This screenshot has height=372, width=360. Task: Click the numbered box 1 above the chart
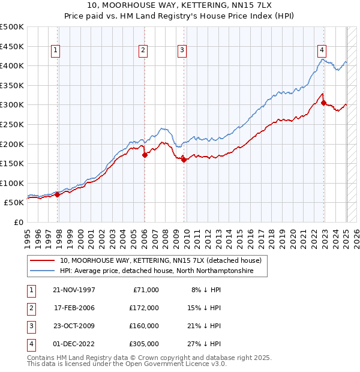[55, 51]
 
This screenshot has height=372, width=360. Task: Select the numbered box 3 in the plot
[182, 51]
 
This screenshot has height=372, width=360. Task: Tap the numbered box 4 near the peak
[322, 51]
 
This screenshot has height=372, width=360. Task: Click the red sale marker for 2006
[145, 155]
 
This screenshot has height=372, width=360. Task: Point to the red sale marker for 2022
[323, 103]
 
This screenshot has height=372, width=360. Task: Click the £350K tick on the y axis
[13, 85]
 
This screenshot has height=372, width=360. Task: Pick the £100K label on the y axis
[13, 183]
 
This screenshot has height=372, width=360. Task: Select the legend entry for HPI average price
[157, 271]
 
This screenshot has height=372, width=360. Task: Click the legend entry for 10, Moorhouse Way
[160, 261]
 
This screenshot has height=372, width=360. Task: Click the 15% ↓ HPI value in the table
[205, 308]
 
